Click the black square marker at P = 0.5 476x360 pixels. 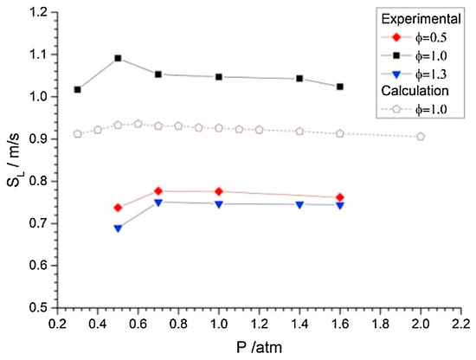pos(118,58)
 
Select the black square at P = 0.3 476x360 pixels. pos(77,89)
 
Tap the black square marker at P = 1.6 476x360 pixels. pos(340,87)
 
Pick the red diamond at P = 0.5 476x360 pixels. pos(118,208)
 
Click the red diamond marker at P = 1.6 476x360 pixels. pos(340,197)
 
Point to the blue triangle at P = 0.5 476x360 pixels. pos(118,228)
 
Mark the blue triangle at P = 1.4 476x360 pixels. pos(299,205)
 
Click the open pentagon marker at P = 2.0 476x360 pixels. pos(421,137)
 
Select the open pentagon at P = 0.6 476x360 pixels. pos(138,124)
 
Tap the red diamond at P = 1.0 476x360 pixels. pos(219,191)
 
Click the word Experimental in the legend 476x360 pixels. pos(421,19)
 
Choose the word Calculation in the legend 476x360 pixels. pos(415,91)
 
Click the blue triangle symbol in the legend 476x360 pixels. pos(396,74)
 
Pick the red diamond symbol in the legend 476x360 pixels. pos(396,37)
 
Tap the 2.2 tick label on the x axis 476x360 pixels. pos(460,324)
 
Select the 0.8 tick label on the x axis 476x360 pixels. pos(178,324)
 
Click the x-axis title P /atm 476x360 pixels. pos(259,347)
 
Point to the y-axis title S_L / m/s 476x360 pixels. pos(14,159)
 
